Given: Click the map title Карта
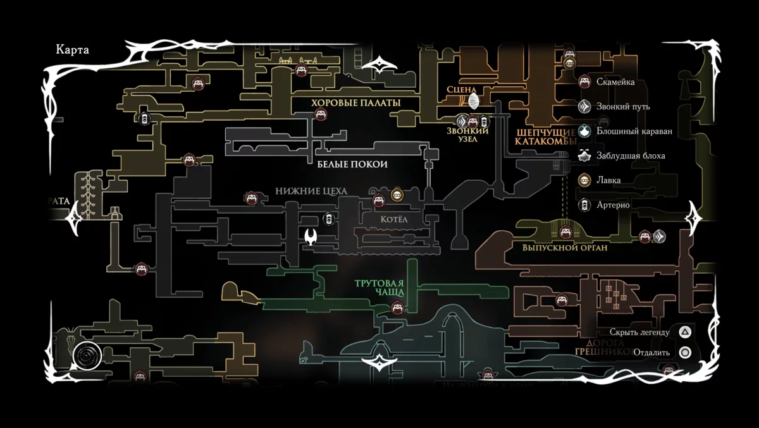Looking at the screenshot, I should pos(73,51).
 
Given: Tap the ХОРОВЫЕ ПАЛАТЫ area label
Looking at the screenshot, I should pos(355,102).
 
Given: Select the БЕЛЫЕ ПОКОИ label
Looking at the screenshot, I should pos(352,164).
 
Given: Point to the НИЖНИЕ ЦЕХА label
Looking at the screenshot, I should pos(311,191).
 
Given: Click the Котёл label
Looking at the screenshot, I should pos(396,219).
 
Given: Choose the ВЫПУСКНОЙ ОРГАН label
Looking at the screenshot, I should pos(564,248).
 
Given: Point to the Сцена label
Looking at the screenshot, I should pos(460,90).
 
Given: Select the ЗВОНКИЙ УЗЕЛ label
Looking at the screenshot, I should pos(468,135).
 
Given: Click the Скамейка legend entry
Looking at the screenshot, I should pos(615,82).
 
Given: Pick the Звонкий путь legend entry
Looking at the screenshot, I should pos(622,107).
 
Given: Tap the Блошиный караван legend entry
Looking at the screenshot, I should pos(634,131).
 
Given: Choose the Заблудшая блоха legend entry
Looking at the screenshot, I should pos(630,156).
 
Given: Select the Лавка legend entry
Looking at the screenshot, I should pos(608,180).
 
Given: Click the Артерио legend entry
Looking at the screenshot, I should pos(612,205).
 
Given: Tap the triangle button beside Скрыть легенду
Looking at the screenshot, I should pos(685,333).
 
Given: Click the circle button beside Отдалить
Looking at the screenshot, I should pos(685,353).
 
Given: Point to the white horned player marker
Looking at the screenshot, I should pos(312,238).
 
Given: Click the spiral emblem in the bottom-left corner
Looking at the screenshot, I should pos(86,357).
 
